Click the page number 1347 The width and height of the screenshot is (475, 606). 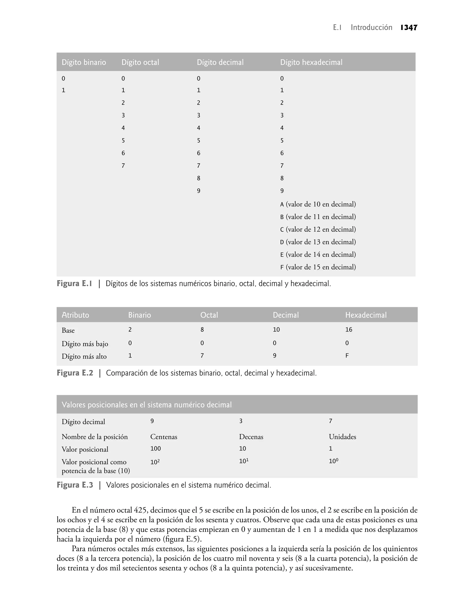[409, 28]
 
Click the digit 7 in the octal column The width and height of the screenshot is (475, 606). [123, 165]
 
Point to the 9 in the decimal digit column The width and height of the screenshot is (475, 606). [199, 191]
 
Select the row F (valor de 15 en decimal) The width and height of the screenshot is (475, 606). [318, 267]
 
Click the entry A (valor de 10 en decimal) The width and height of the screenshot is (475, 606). [318, 204]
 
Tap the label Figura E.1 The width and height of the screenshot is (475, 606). [74, 284]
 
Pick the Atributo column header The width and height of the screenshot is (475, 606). [75, 315]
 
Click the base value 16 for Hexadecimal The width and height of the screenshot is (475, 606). [349, 330]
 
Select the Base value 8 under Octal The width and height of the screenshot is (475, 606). [202, 330]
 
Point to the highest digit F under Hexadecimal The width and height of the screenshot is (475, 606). [347, 356]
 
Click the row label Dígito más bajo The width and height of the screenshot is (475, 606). [85, 344]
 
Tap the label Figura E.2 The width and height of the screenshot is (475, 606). [75, 373]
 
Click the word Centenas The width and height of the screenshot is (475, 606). [164, 437]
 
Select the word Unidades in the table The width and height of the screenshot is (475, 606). [342, 437]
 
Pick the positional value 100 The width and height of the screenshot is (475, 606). [155, 448]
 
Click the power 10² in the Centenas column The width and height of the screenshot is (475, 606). [155, 462]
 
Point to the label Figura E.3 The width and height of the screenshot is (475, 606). [75, 485]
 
